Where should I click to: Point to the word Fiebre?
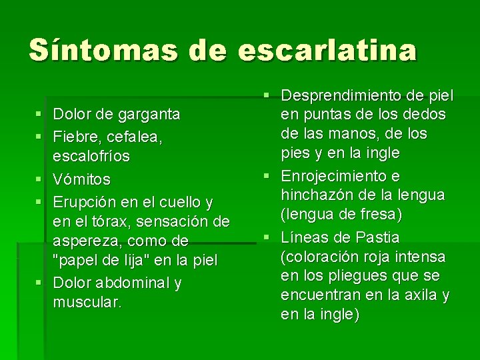coord(75,137)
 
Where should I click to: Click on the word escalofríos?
coord(92,157)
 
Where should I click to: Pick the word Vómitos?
coord(82,180)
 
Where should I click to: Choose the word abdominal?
coord(136,283)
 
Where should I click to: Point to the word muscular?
coord(87,302)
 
